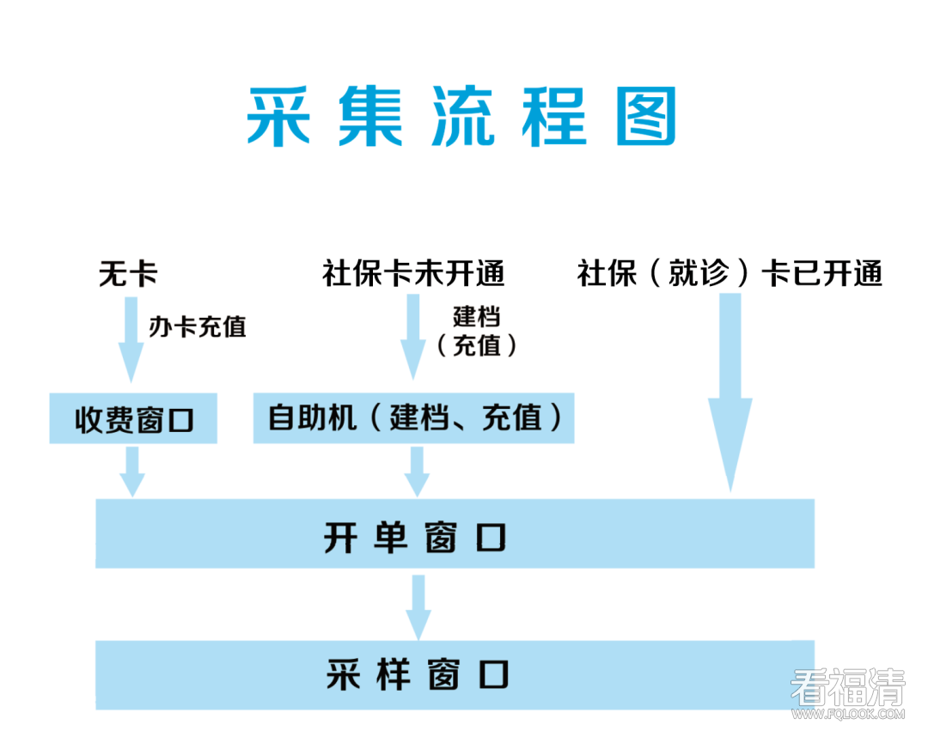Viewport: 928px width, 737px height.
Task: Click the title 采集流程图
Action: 461,117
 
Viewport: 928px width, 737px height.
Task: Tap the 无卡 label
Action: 129,275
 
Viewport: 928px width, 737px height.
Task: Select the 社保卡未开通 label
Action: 413,274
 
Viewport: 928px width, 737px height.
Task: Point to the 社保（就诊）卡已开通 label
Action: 730,275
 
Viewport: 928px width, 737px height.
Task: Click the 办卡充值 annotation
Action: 197,326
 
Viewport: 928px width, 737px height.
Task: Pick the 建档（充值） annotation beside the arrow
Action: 476,331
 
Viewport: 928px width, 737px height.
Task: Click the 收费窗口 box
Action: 133,419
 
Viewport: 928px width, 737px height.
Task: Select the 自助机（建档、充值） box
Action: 413,418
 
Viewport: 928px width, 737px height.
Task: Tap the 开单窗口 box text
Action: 415,538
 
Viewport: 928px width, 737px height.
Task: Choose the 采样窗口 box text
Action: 417,674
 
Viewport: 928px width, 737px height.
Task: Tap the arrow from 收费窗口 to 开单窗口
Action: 131,471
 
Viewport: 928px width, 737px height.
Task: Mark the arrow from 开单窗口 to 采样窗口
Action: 418,606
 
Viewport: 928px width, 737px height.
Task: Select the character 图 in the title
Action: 646,117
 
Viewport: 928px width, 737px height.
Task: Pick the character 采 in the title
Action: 278,117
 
